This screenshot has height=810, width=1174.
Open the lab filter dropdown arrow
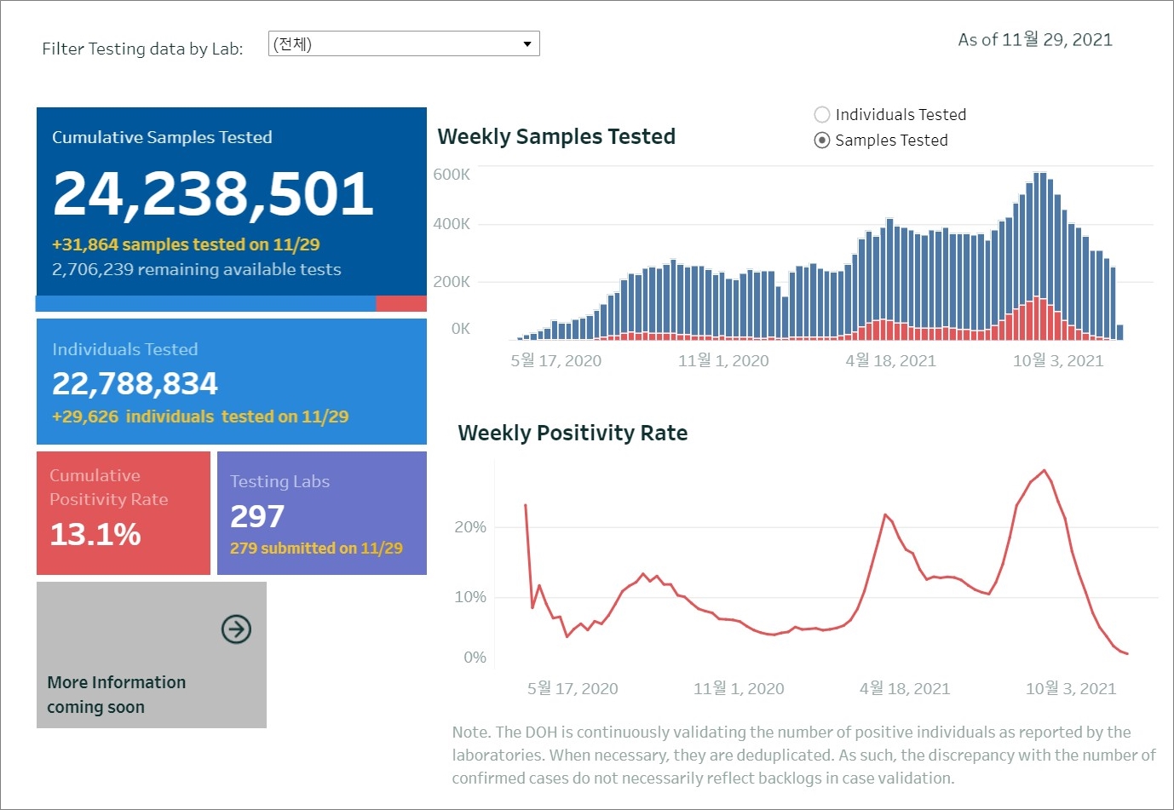[x=527, y=44]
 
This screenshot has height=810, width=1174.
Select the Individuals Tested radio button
[x=822, y=115]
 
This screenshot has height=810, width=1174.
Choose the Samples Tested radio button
[x=822, y=141]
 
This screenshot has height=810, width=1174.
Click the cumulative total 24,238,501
[x=213, y=193]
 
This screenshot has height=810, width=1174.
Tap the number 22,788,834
[x=135, y=384]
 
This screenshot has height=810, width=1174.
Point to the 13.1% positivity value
[x=95, y=535]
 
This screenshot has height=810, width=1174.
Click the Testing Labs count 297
[x=257, y=517]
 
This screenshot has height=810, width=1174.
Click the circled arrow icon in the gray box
[x=236, y=629]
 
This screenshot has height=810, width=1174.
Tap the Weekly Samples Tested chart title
[x=556, y=137]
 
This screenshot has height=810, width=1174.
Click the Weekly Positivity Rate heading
[x=573, y=434]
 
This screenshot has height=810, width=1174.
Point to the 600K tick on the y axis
[x=452, y=175]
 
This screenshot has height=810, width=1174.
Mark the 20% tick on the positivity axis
[x=470, y=527]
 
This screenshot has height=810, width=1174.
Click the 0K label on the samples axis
[x=460, y=329]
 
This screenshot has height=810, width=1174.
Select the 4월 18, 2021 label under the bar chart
[x=890, y=361]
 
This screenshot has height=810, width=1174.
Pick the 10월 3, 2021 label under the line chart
[x=1070, y=689]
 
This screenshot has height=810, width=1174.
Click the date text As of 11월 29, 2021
[x=1035, y=40]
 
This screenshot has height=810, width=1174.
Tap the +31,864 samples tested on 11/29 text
[x=186, y=245]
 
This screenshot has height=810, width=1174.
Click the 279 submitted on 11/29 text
[x=316, y=549]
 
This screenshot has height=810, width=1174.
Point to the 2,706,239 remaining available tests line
[x=196, y=270]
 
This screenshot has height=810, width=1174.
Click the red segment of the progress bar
[x=401, y=304]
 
